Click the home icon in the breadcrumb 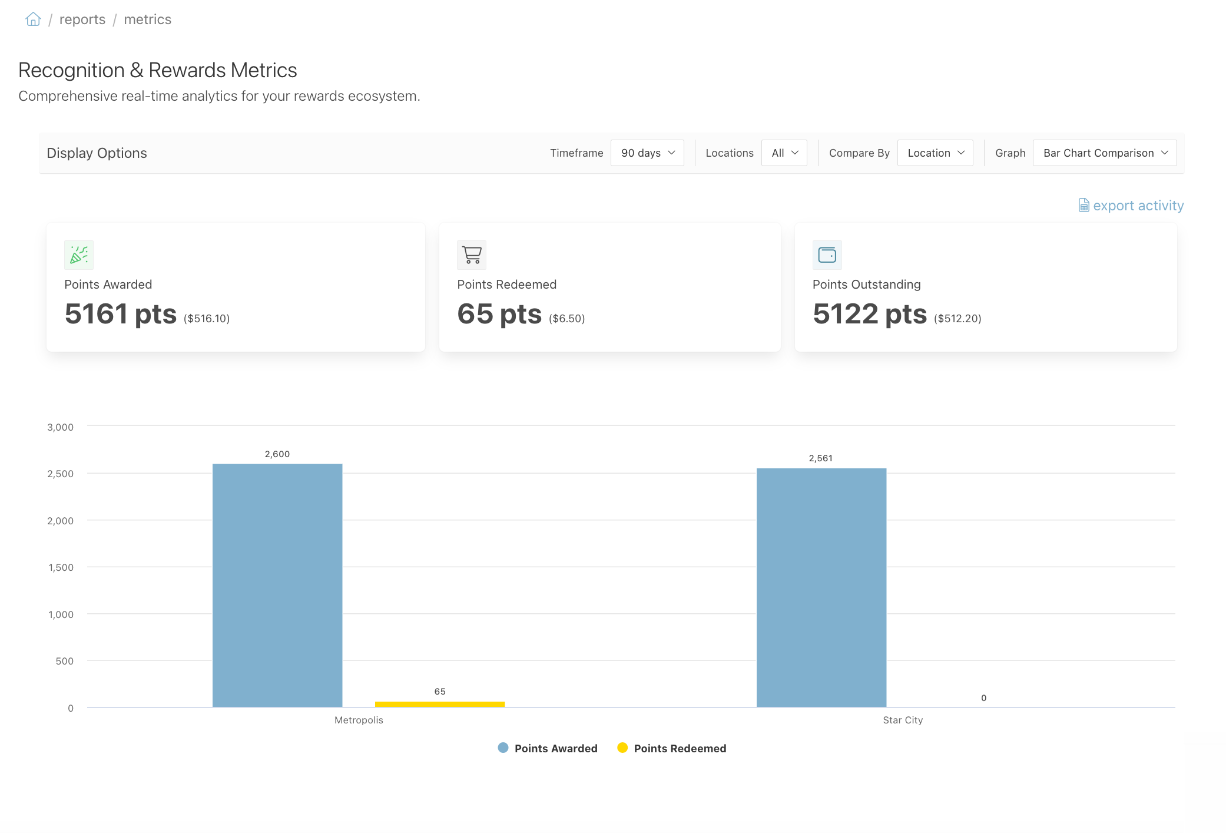tap(33, 19)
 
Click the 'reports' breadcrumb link tap(82, 19)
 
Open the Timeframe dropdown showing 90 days tap(647, 153)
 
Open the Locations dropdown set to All tap(784, 153)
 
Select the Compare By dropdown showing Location tap(935, 153)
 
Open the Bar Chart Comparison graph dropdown tap(1105, 153)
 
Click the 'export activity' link tap(1131, 206)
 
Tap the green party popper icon tap(79, 255)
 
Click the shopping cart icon tap(472, 255)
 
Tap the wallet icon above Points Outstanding tap(827, 255)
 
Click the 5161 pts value tap(121, 314)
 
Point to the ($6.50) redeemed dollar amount tap(567, 319)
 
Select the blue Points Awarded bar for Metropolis tap(277, 586)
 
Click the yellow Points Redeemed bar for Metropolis tap(440, 704)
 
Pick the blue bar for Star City tap(821, 587)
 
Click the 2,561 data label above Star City tap(821, 458)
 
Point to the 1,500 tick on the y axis tap(61, 567)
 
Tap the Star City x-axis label tap(903, 720)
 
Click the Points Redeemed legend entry tap(672, 748)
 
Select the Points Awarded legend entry tap(548, 748)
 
